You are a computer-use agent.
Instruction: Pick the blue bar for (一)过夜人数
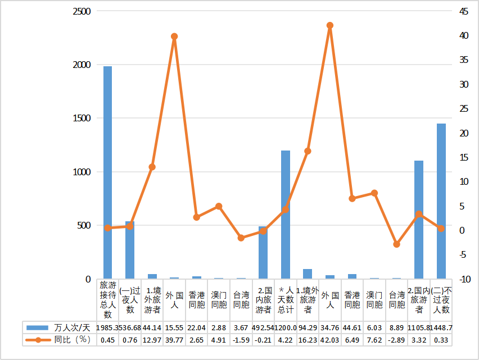[130, 250]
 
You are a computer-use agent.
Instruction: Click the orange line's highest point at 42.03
[330, 25]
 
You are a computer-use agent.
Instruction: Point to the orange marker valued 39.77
[174, 37]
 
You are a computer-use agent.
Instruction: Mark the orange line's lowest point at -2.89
[397, 244]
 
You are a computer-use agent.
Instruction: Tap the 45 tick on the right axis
[464, 11]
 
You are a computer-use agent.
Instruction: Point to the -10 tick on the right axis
[464, 279]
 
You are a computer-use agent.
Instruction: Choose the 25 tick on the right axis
[464, 108]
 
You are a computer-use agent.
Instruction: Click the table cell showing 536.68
[130, 327]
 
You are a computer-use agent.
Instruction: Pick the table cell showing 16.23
[308, 340]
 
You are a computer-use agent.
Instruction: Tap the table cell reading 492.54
[263, 327]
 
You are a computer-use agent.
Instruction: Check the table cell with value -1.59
[241, 340]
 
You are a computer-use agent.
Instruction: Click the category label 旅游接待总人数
[107, 299]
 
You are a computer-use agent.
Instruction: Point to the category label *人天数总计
[286, 299]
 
